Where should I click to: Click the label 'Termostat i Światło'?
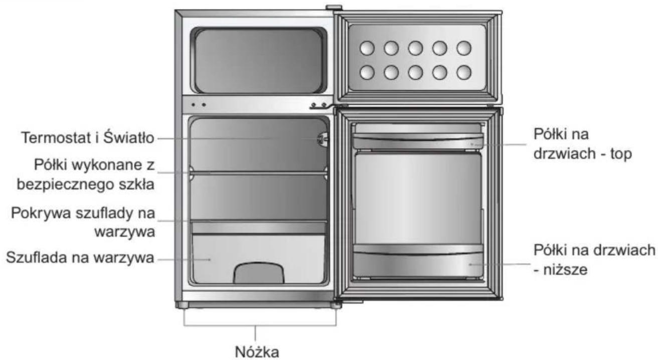pyautogui.click(x=88, y=137)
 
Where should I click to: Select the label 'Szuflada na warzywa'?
pyautogui.click(x=80, y=258)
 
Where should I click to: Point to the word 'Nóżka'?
pyautogui.click(x=257, y=351)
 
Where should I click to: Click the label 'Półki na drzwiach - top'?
pyautogui.click(x=582, y=144)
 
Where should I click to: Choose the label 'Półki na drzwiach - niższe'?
pyautogui.click(x=594, y=260)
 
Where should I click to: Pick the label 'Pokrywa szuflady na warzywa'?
pyautogui.click(x=83, y=223)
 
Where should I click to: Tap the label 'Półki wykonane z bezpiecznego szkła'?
pyautogui.click(x=85, y=174)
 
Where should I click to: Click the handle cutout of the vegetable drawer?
pyautogui.click(x=259, y=273)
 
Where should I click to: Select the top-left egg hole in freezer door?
pyautogui.click(x=367, y=48)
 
